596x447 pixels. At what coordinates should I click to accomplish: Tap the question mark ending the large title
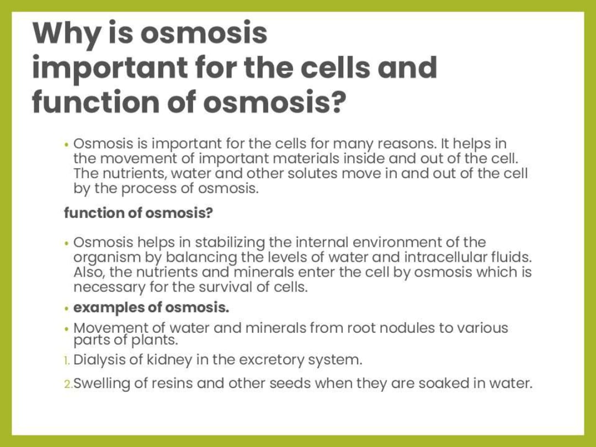(x=337, y=102)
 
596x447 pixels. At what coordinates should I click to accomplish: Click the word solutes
(x=312, y=173)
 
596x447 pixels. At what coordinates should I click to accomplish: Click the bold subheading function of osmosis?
(x=139, y=213)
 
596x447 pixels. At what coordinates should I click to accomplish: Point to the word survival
(x=225, y=287)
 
